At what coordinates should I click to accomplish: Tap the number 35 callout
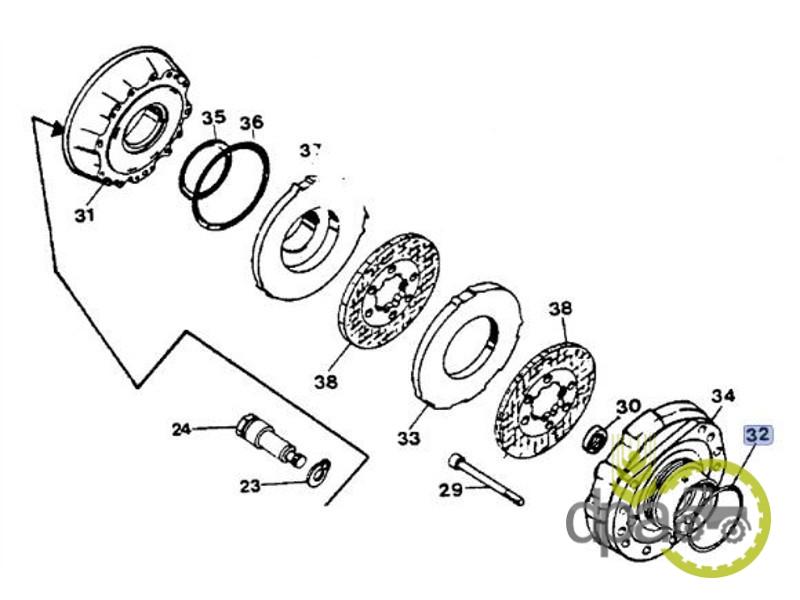coord(213,118)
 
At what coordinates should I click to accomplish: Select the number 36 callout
coord(251,123)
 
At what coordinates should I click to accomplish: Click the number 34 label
coord(724,396)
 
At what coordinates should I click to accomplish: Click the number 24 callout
coord(181,430)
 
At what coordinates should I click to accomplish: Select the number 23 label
coord(249,486)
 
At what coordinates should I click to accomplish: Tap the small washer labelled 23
coord(317,471)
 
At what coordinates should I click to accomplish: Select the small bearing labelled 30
coord(594,437)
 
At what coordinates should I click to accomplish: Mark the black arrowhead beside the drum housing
coord(57,128)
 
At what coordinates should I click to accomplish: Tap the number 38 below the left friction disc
coord(324,381)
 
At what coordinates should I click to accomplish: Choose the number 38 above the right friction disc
coord(561,309)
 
